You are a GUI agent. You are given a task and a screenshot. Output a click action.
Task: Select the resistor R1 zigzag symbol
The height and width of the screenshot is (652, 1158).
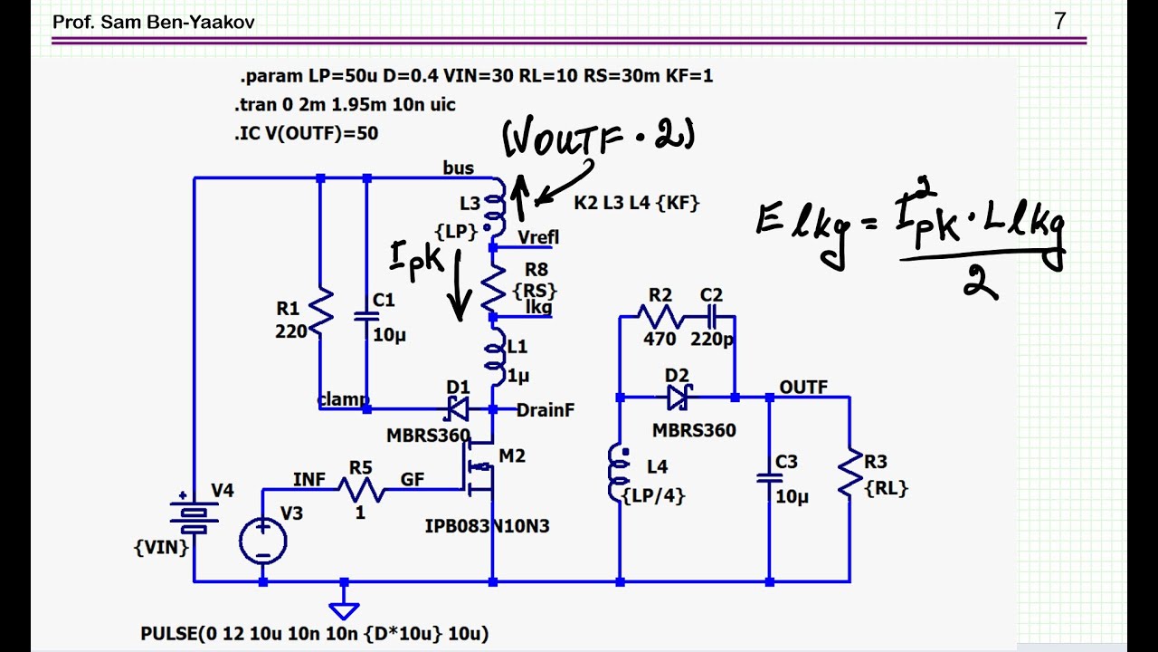[320, 312]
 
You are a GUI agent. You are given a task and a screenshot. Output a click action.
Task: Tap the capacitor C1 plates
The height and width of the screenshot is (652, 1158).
[366, 316]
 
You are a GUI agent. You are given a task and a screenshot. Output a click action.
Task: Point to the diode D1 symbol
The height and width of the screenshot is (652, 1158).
[457, 409]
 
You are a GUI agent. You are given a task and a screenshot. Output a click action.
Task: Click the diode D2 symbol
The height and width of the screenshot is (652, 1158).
[679, 398]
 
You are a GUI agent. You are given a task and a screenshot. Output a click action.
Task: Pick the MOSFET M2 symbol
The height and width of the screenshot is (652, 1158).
[479, 466]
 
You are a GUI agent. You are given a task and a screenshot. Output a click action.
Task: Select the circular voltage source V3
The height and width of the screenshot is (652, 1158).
[263, 541]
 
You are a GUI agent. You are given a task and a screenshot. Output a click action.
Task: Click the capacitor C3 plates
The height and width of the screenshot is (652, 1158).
[769, 478]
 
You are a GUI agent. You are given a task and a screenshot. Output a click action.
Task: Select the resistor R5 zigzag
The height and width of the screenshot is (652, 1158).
[361, 490]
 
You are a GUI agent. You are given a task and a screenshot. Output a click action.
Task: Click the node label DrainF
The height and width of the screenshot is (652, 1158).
[546, 410]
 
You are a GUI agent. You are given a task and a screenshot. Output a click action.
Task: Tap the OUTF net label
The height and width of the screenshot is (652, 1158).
[803, 387]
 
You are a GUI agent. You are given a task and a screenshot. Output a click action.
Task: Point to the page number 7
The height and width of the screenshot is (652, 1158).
[1060, 21]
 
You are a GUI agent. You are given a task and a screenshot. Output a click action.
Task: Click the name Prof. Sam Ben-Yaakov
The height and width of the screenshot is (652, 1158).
[154, 22]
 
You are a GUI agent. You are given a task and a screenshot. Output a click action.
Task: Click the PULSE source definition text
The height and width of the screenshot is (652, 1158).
[315, 633]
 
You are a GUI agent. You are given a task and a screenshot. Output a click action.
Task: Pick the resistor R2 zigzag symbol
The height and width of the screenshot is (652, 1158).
[660, 316]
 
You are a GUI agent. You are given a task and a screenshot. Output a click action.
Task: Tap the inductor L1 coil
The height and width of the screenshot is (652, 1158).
[495, 357]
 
